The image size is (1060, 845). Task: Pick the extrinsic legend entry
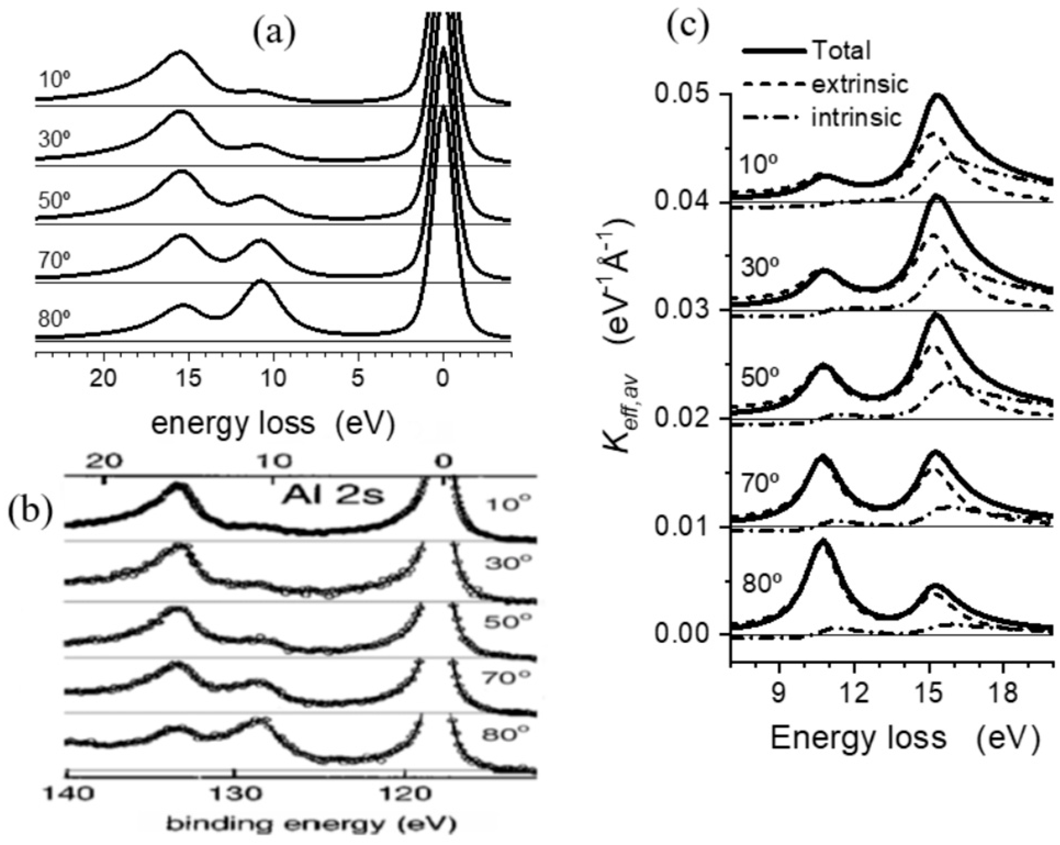(x=860, y=85)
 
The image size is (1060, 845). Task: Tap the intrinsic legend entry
(x=856, y=117)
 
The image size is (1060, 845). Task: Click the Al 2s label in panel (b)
(x=333, y=496)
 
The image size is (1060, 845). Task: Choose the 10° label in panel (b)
(x=508, y=503)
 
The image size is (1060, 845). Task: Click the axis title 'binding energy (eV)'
(x=311, y=825)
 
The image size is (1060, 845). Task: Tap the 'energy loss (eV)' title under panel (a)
(x=273, y=424)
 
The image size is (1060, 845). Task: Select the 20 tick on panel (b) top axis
(x=105, y=461)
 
